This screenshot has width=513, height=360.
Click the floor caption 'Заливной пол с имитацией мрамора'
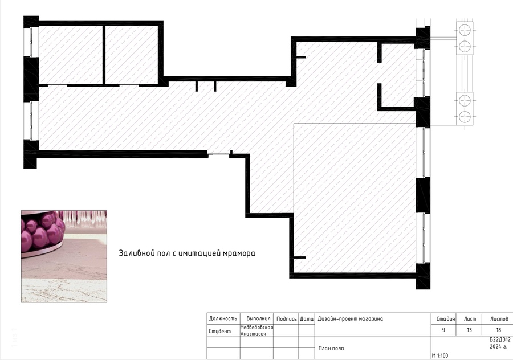(187, 253)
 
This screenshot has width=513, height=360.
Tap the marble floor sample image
(64, 256)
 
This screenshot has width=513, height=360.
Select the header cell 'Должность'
(223, 318)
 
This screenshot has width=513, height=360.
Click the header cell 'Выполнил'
(258, 318)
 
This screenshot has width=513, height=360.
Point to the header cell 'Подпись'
(287, 319)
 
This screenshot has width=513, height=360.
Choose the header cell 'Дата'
(307, 318)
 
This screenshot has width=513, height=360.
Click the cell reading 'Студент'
(219, 331)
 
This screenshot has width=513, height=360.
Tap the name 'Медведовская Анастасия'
(256, 330)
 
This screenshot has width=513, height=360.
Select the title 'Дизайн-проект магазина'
(350, 318)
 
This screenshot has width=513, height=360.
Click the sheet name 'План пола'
(331, 349)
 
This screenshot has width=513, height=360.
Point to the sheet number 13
(469, 330)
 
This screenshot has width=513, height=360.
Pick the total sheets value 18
(499, 330)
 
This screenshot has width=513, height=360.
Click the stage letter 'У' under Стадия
(443, 330)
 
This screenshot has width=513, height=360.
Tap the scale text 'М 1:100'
(439, 355)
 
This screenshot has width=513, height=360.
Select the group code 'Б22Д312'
(500, 339)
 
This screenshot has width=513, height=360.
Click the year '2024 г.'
(499, 346)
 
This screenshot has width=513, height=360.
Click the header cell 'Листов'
(499, 319)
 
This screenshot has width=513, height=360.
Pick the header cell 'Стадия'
(446, 319)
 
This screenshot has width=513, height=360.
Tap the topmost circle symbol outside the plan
(465, 30)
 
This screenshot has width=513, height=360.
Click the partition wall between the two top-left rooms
(104, 55)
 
